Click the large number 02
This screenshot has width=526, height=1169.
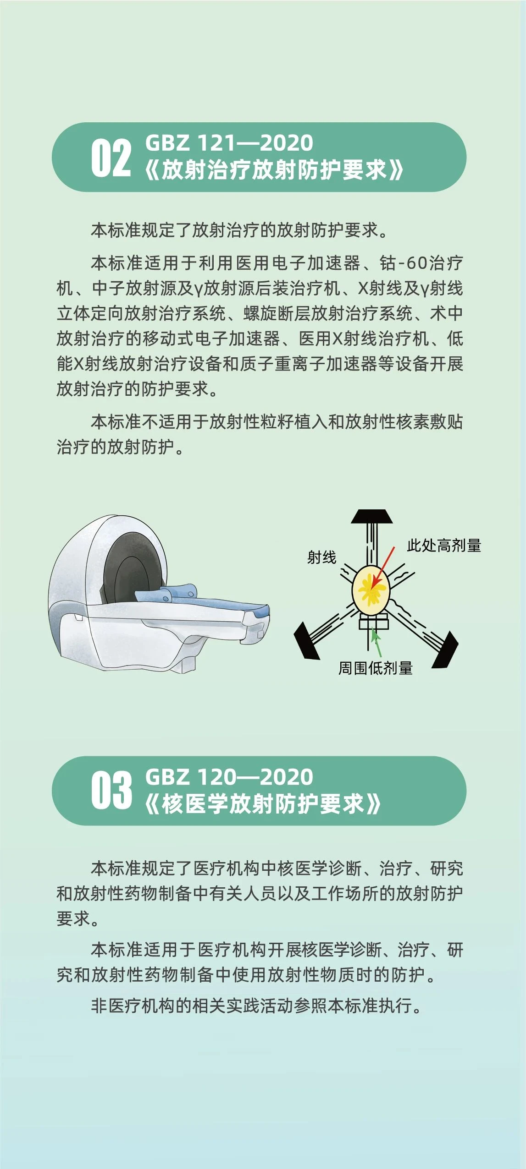click(x=111, y=158)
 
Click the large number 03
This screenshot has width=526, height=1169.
click(x=111, y=790)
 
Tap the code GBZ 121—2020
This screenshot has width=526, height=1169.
click(x=229, y=142)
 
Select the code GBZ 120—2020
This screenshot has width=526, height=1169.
click(x=229, y=777)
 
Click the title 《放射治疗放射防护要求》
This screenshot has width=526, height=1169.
click(x=274, y=170)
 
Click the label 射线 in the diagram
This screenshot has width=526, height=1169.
click(x=322, y=557)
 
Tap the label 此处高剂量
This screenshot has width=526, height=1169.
click(x=444, y=545)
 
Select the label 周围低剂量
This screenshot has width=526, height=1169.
click(x=376, y=668)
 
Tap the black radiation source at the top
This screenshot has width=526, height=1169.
click(x=371, y=516)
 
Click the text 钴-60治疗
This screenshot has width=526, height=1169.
click(x=421, y=263)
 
